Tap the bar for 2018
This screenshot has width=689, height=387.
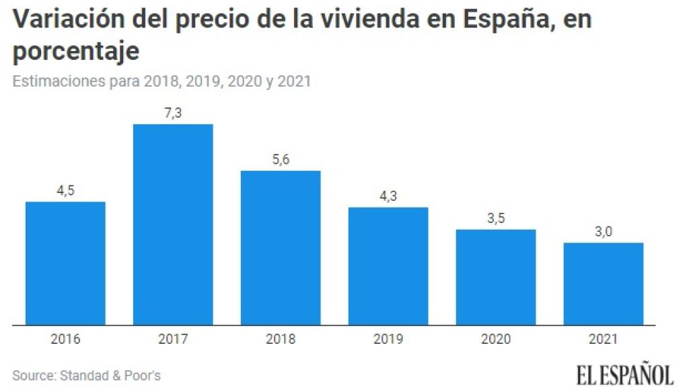click(281, 248)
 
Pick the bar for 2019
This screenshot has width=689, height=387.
click(388, 266)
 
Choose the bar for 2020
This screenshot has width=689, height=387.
click(496, 277)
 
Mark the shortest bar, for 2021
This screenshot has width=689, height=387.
click(604, 284)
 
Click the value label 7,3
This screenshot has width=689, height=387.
click(173, 114)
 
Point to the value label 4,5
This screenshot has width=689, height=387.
click(65, 191)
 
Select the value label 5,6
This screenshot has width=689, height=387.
click(281, 160)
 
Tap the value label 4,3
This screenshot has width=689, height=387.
click(388, 196)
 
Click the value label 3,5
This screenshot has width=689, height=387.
click(496, 218)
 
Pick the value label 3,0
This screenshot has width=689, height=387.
click(604, 232)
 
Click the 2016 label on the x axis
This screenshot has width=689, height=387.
click(65, 339)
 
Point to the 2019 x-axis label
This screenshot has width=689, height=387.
click(388, 339)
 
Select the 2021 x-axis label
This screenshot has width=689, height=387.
click(604, 339)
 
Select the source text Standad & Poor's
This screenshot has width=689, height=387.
click(109, 375)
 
